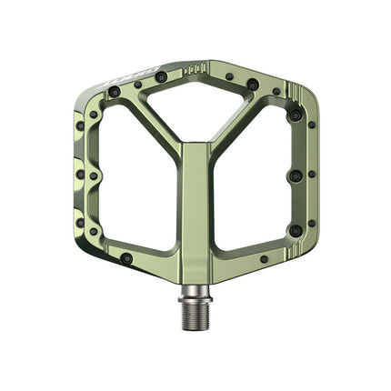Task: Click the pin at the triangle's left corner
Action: pos(161,78)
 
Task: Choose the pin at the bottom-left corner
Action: pos(126,258)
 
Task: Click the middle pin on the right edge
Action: pos(295,175)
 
